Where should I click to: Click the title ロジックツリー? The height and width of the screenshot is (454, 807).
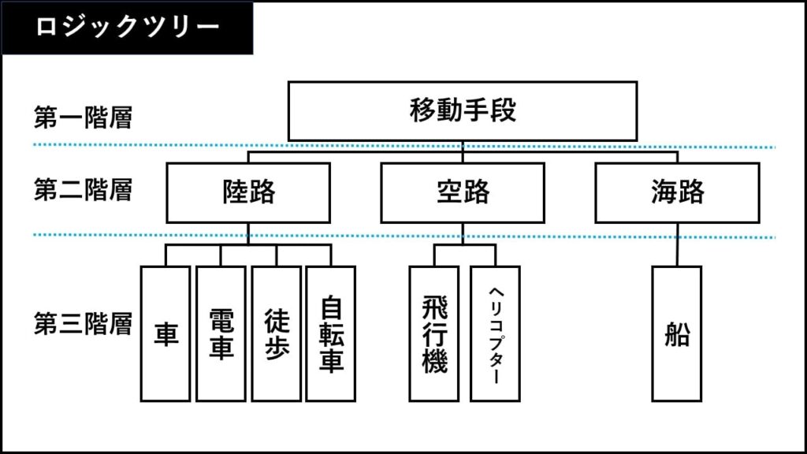pos(128,26)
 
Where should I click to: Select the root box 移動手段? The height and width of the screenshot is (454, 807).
pos(462,110)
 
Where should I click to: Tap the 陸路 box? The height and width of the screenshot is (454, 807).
pos(248,192)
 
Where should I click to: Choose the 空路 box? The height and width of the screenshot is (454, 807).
pos(462,192)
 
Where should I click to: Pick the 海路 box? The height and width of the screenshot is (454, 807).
pos(677,192)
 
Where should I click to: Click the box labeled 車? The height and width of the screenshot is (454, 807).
pos(165,333)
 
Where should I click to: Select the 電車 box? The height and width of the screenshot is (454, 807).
pos(221,333)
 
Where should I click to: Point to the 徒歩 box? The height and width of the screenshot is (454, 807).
pos(277,333)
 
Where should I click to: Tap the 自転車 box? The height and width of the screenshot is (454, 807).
pos(330,333)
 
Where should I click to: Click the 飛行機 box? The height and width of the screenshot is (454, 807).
pos(434,333)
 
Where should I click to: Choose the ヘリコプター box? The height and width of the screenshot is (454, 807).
pos(495,333)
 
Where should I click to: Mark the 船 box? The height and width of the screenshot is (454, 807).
pos(676,333)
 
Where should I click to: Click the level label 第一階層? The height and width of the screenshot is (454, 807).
pos(83,117)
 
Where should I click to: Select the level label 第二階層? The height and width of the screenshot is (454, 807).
pos(83,189)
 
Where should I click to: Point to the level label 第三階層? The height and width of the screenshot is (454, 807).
pos(83,324)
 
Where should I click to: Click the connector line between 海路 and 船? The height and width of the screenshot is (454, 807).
pos(677,244)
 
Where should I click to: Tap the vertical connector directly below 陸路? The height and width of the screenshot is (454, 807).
pos(248,233)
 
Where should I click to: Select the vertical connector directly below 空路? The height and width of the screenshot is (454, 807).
pos(462,233)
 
